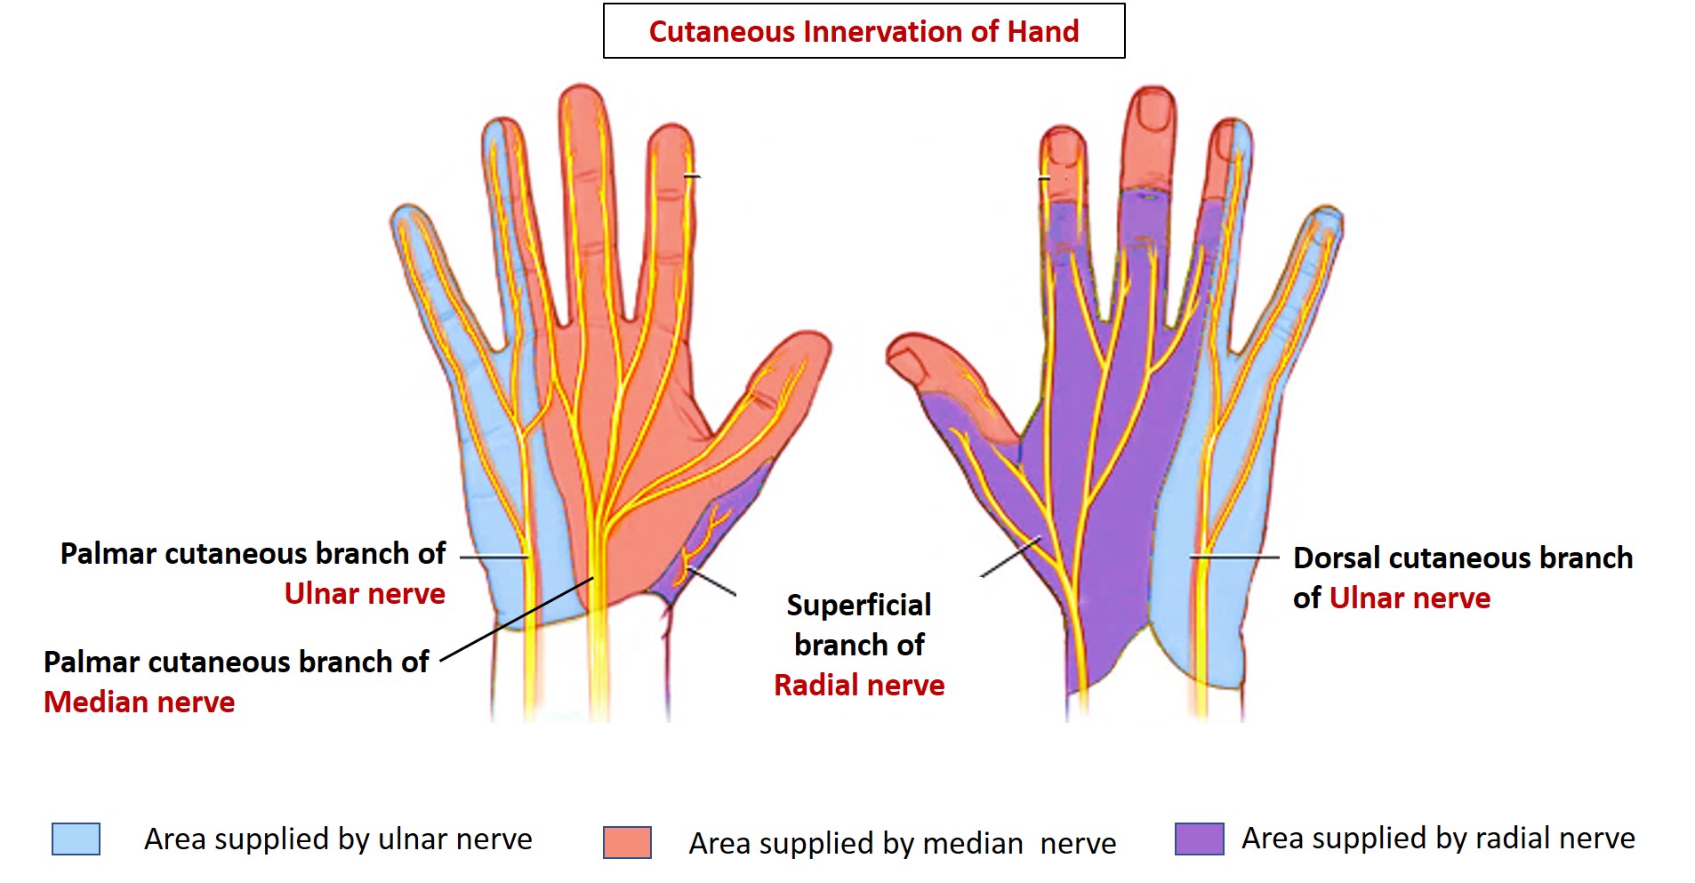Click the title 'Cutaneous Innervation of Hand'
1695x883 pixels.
click(x=864, y=32)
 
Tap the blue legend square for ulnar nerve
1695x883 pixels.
click(x=76, y=839)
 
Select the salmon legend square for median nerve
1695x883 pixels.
click(x=627, y=842)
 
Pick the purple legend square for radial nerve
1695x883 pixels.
click(x=1199, y=839)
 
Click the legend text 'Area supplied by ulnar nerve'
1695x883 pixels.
click(x=338, y=839)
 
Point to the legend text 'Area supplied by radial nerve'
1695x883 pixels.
click(x=1438, y=839)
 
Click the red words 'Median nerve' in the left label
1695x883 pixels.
click(x=140, y=702)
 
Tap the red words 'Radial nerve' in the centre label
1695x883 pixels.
click(x=859, y=686)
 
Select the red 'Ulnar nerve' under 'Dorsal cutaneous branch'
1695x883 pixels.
click(x=1410, y=598)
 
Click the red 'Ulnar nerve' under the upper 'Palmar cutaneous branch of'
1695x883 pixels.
click(x=365, y=594)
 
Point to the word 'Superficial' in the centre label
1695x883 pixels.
click(x=859, y=606)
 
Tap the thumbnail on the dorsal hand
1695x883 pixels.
click(x=908, y=363)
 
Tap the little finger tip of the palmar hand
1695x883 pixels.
click(x=408, y=219)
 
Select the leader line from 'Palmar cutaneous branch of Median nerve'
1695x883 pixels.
click(x=517, y=619)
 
